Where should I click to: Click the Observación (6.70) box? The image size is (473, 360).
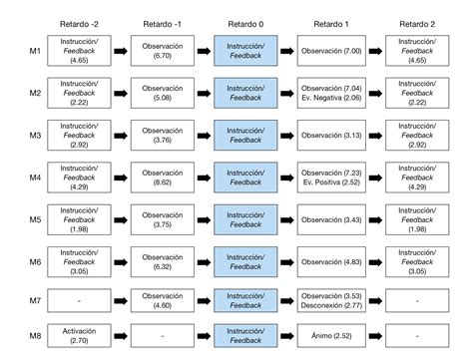click(162, 51)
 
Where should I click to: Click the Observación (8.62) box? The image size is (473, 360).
click(162, 177)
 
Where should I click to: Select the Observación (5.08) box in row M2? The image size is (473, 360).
click(162, 93)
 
